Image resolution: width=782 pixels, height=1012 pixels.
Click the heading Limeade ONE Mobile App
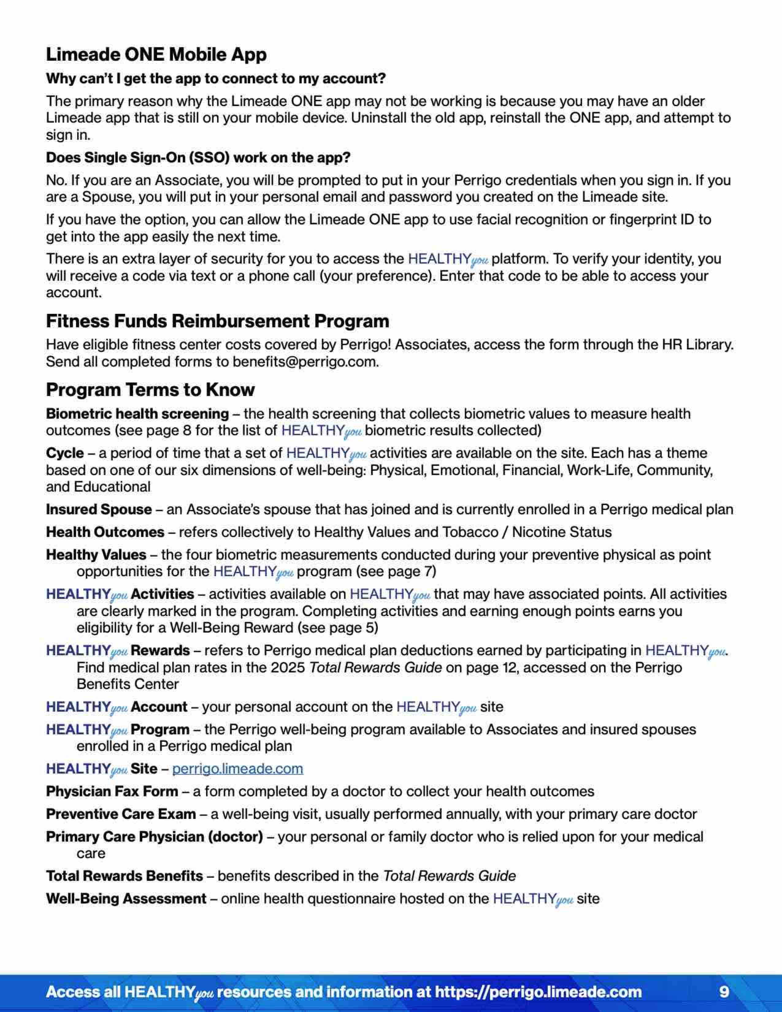coord(156,55)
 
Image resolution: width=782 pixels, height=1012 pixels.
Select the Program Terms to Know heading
coord(150,390)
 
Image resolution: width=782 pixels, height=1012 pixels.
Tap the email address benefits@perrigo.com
coord(305,362)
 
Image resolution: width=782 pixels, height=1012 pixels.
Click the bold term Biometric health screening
coord(137,414)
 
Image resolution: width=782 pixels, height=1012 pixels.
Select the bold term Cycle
coord(65,453)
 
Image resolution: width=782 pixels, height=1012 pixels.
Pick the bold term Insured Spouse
coord(99,510)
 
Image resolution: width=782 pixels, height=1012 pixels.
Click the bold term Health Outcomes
coord(105,532)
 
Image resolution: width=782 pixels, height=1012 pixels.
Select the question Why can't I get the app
coord(216,78)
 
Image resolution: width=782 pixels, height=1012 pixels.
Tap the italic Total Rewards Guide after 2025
coord(375,668)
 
